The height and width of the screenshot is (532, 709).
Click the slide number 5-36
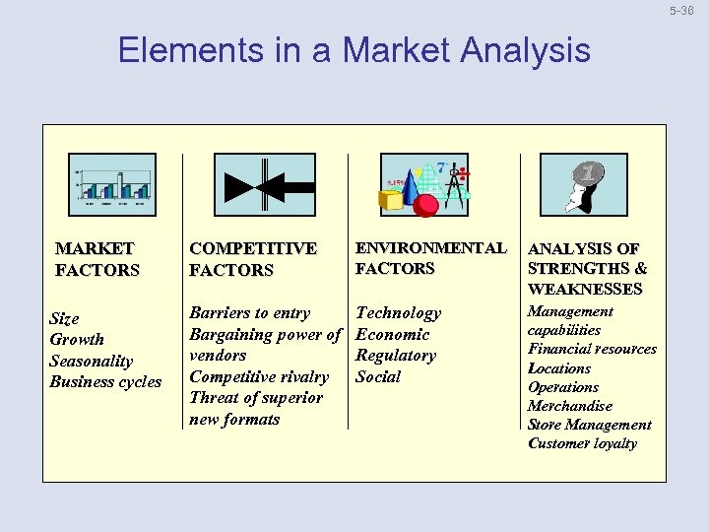click(681, 11)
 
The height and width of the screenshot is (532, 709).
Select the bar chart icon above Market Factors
click(111, 185)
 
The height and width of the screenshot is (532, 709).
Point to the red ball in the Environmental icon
click(425, 204)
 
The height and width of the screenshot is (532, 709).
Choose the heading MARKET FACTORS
click(97, 259)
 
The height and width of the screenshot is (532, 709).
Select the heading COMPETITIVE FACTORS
click(253, 259)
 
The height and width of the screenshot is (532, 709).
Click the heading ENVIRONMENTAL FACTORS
click(430, 258)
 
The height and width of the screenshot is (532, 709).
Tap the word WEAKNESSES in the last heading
click(585, 289)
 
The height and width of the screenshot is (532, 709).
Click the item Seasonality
click(91, 361)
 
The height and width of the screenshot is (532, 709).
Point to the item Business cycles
click(105, 381)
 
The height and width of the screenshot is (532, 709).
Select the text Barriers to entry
click(249, 313)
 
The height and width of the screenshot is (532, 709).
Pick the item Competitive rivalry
click(259, 376)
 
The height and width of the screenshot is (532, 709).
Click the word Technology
click(398, 313)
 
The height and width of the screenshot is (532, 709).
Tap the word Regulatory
click(395, 356)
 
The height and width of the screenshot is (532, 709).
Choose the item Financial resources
click(592, 349)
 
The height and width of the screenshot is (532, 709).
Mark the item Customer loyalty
click(582, 443)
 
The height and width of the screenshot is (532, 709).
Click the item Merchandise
click(569, 406)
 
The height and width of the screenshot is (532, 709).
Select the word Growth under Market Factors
click(77, 339)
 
